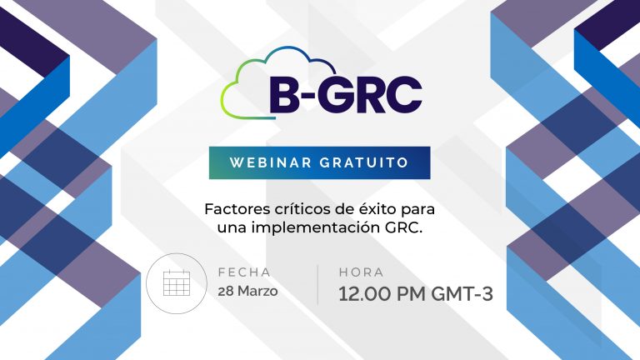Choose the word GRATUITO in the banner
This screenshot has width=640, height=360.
[364, 162]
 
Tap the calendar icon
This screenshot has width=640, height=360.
[177, 283]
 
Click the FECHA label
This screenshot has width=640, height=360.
[244, 272]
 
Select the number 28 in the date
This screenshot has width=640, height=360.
[226, 292]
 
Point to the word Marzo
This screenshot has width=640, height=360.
[257, 292]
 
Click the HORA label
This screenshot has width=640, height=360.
[361, 272]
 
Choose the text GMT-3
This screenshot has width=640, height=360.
[462, 294]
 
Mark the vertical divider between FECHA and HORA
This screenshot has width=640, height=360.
[317, 285]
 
